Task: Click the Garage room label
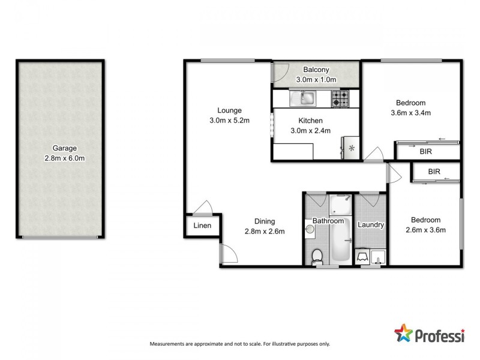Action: tap(64, 148)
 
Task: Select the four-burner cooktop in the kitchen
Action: tap(341, 98)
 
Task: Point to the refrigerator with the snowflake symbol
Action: tap(351, 148)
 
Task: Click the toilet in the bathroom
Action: tap(317, 255)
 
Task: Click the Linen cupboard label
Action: tap(202, 226)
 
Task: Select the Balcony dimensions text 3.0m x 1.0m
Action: tap(316, 80)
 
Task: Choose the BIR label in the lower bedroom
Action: tap(434, 172)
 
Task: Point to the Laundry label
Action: tap(370, 225)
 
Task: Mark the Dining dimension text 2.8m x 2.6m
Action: tap(264, 232)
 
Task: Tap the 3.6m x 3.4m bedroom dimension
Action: tap(411, 112)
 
